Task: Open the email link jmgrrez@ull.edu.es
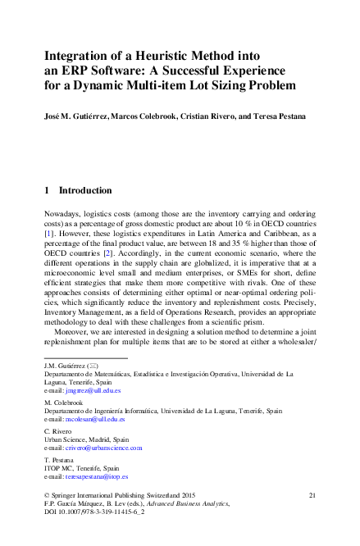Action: point(94,392)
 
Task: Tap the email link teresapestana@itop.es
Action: point(98,476)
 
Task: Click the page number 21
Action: point(312,496)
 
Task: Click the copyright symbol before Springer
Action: point(45,496)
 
